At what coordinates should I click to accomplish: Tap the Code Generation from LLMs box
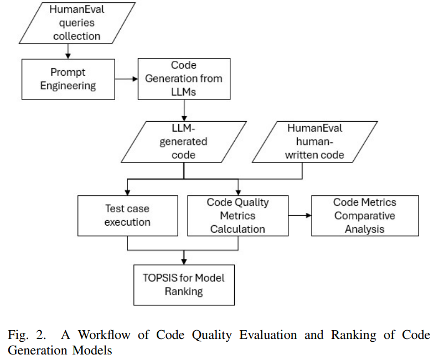184,79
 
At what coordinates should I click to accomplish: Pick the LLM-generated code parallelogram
184,142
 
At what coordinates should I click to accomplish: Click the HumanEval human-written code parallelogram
314,142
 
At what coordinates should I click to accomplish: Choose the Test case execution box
128,216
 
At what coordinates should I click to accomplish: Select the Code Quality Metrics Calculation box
238,216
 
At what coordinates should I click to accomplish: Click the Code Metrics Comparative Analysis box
365,216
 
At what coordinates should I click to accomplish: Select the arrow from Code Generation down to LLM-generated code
184,110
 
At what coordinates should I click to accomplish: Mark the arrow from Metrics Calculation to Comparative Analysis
300,216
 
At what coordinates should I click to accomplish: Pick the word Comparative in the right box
365,216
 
